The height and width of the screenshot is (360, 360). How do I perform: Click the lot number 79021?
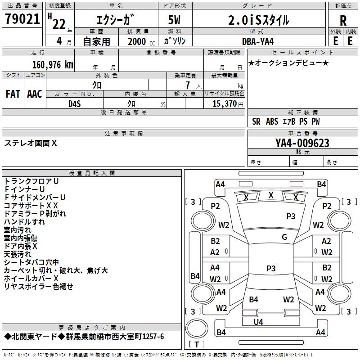click(22, 19)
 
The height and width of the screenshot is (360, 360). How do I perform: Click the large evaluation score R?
click(343, 21)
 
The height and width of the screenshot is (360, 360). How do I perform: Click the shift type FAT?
click(13, 94)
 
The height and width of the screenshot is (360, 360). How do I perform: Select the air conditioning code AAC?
click(34, 94)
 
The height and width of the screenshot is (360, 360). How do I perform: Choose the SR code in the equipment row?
click(256, 121)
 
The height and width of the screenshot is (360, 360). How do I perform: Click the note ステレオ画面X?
click(31, 143)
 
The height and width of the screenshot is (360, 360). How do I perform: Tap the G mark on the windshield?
click(284, 237)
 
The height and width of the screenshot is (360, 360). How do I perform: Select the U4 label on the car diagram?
click(258, 322)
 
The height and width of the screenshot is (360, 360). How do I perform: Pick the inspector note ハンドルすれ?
click(24, 222)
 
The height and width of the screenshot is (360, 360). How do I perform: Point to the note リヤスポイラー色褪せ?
click(38, 287)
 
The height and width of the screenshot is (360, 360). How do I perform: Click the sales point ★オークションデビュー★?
click(288, 63)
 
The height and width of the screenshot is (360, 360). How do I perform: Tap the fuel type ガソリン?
click(175, 41)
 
